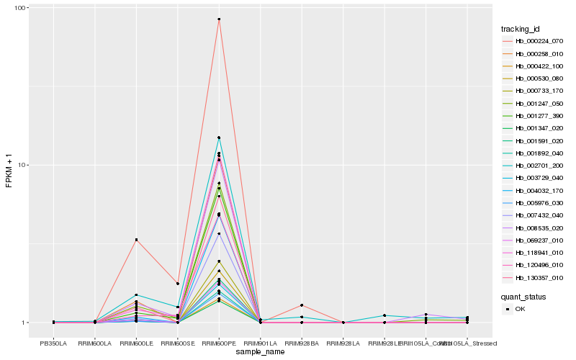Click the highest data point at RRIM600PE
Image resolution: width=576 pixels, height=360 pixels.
pos(219,19)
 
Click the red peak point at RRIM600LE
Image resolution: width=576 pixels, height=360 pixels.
pos(136,240)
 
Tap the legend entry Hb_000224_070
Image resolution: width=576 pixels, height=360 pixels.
pos(534,41)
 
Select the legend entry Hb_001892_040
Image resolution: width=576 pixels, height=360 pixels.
pos(534,153)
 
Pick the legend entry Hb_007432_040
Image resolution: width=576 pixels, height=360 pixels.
pos(534,215)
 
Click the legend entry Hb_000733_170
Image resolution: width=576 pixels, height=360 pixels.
pos(534,91)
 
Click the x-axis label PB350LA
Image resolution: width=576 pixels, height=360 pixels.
pos(53,343)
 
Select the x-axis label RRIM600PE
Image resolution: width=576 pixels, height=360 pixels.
pos(219,343)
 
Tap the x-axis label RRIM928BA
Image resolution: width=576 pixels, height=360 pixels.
pos(302,343)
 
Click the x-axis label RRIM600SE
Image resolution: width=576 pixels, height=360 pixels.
pos(178,343)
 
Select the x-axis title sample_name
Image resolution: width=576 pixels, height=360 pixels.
pos(261,352)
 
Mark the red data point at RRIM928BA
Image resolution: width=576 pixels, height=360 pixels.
pos(302,305)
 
